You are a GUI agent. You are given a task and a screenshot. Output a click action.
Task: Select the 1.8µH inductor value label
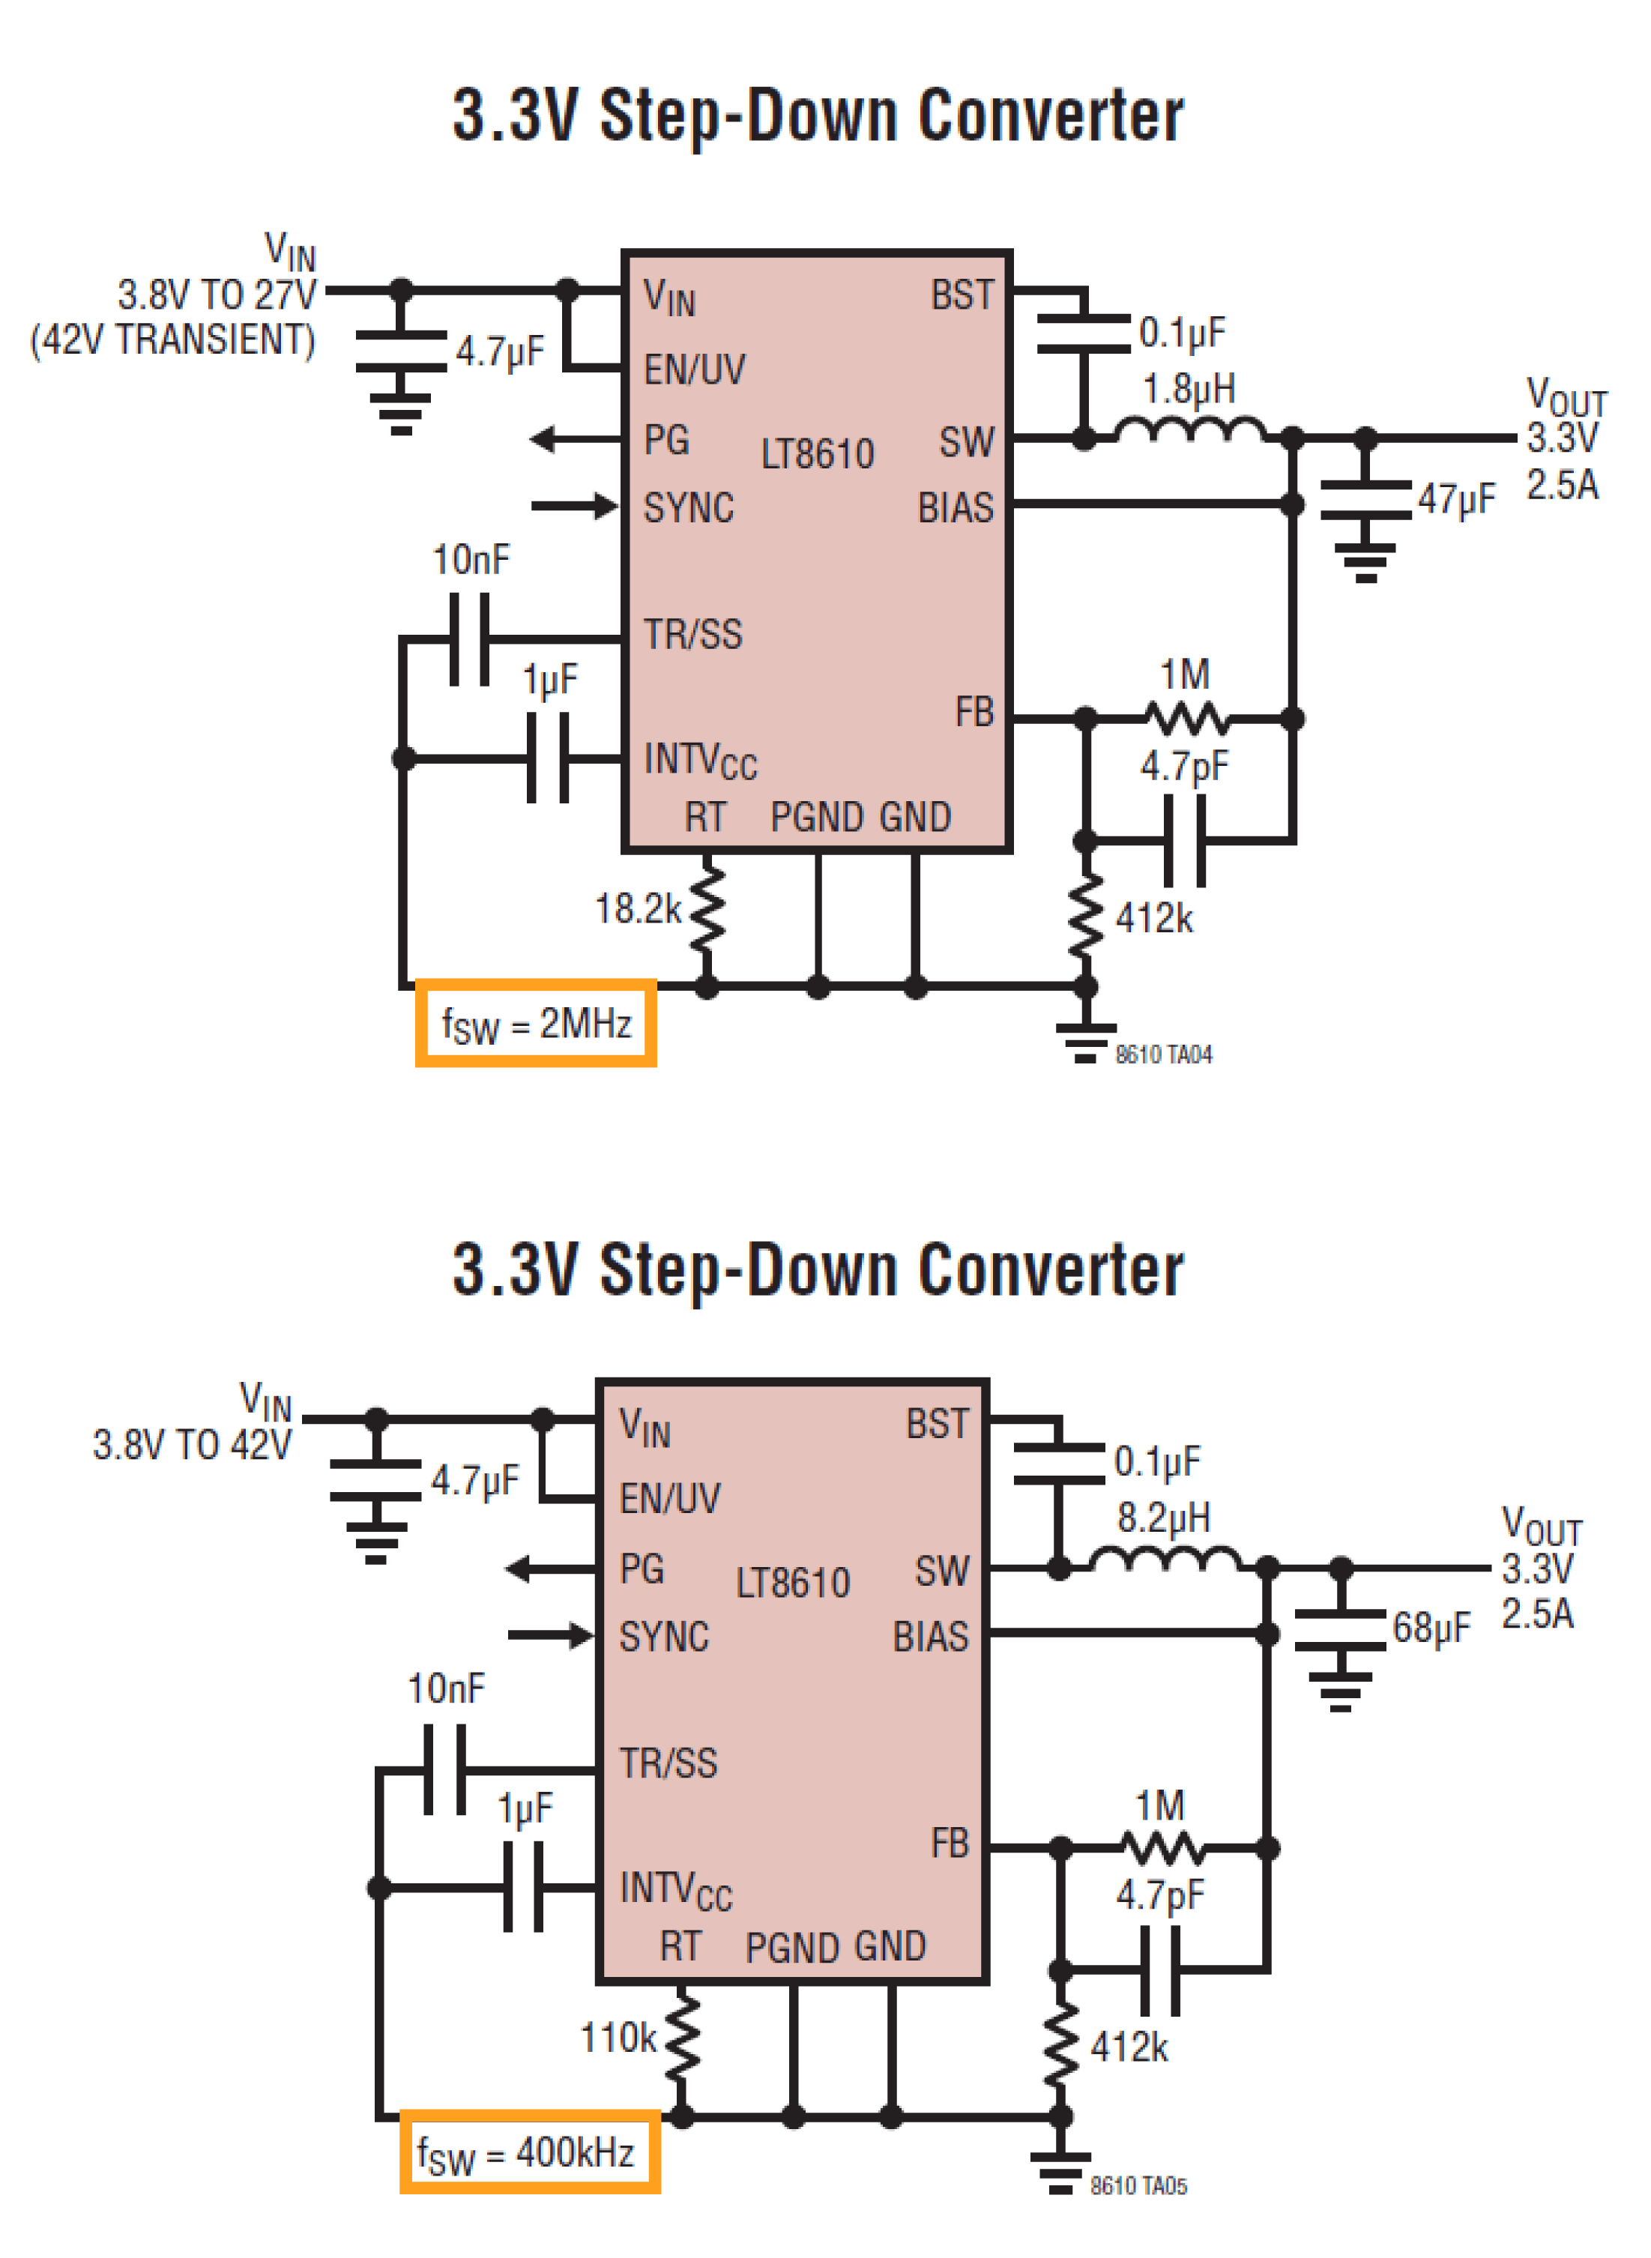tap(1189, 389)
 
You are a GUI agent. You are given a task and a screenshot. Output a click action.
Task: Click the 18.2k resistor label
tap(638, 909)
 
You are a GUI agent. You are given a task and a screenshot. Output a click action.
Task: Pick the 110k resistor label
tap(618, 2038)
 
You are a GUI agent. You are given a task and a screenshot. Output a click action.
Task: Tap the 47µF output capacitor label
tap(1456, 498)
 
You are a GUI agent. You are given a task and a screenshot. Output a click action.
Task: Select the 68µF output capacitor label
tap(1431, 1628)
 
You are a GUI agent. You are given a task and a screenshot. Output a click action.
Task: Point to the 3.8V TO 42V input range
tap(192, 1445)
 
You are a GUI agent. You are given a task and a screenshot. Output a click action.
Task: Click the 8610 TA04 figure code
tap(1163, 1054)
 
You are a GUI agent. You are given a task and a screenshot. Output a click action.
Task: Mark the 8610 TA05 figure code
tap(1138, 2186)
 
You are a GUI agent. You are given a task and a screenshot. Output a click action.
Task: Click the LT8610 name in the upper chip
tap(818, 455)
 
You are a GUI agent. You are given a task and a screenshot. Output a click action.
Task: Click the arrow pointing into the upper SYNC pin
tap(575, 506)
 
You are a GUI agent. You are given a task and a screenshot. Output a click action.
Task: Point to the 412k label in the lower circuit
tap(1129, 2047)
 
